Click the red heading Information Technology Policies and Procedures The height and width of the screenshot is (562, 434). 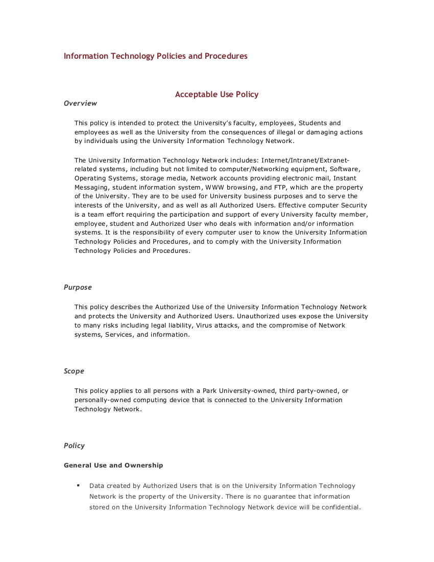pos(155,56)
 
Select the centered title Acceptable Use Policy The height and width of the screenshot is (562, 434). pos(216,95)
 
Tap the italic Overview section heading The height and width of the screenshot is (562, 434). pos(80,103)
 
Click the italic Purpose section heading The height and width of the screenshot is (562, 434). pos(78,287)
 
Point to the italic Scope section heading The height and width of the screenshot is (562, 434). pos(74,371)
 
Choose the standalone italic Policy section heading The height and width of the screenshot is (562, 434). pos(74,446)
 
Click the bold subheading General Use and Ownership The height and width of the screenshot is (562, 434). pos(113,465)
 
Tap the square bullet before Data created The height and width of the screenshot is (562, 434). pos(78,485)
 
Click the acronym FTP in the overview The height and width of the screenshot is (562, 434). pos(280,187)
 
